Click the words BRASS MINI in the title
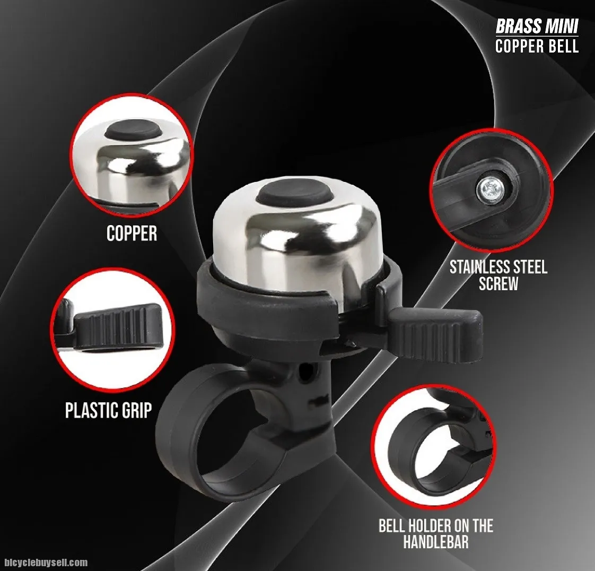pos(537,26)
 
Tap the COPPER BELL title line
pos(537,46)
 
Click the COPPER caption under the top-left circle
pos(132,233)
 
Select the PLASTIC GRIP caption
pos(109,410)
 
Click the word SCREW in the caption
pos(498,283)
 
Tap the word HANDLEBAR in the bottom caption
pos(436,541)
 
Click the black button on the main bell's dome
pos(291,193)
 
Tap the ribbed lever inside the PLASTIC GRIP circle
pos(118,326)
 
